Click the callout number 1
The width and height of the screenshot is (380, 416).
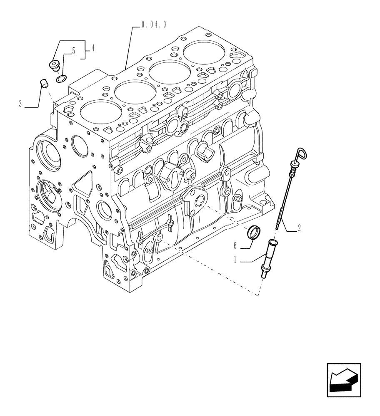235,260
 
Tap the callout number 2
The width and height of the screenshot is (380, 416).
299,228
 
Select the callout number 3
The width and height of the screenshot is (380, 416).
20,104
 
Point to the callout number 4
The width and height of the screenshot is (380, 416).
92,49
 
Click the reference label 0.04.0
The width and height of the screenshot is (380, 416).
154,25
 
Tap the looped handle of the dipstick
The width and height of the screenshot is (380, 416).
301,154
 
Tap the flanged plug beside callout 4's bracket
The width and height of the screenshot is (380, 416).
54,65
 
